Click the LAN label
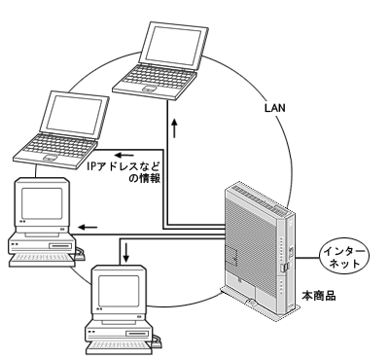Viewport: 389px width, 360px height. click(275, 108)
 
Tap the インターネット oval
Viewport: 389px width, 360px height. click(344, 257)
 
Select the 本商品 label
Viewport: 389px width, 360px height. click(319, 296)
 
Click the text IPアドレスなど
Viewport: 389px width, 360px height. click(124, 167)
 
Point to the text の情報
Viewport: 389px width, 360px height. click(145, 178)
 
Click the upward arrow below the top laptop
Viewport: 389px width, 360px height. click(175, 127)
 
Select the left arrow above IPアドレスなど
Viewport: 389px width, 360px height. click(124, 155)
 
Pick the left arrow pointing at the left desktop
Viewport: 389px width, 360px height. click(88, 227)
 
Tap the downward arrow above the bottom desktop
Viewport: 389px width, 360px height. click(125, 252)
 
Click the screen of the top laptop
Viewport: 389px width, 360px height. click(173, 46)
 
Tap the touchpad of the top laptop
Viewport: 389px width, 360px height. click(150, 89)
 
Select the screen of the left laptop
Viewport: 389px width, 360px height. click(75, 115)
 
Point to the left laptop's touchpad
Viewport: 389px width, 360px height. click(51, 158)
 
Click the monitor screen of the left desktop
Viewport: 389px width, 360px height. click(42, 203)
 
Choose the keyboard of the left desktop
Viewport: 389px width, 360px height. click(42, 259)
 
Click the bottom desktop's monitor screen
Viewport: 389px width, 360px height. click(119, 292)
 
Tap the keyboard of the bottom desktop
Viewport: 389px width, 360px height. click(120, 347)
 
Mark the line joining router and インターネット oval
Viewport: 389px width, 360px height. click(307, 258)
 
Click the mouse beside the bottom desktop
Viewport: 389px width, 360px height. click(158, 342)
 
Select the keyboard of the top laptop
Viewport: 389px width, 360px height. click(155, 79)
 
